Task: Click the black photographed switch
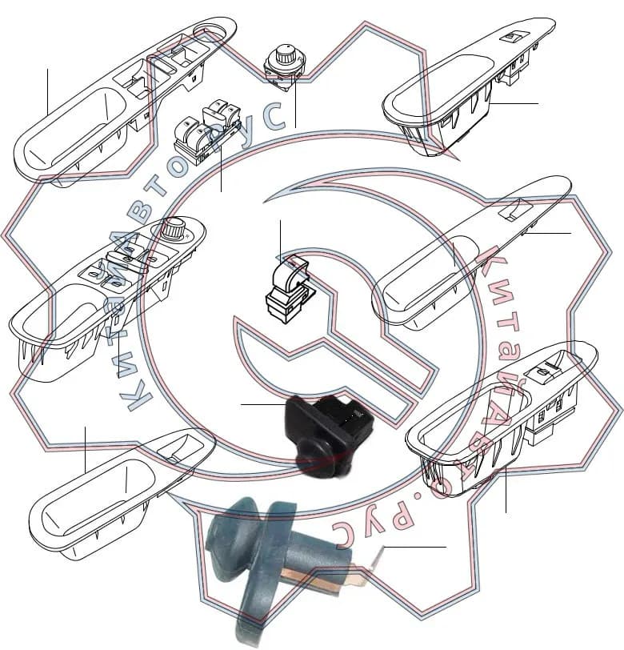point(329,431)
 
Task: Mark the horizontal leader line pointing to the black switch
point(264,403)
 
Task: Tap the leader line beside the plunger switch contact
point(414,548)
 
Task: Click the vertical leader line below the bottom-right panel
point(506,489)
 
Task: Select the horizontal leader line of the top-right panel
point(514,103)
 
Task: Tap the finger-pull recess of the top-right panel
point(442,84)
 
